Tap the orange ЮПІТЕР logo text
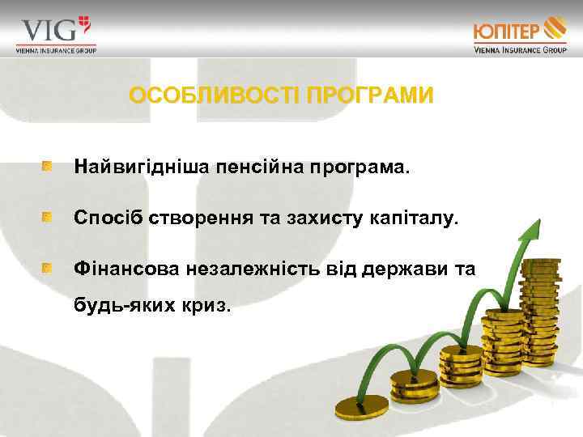pos(507,32)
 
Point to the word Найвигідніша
pos(141,168)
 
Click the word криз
pos(210,307)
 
